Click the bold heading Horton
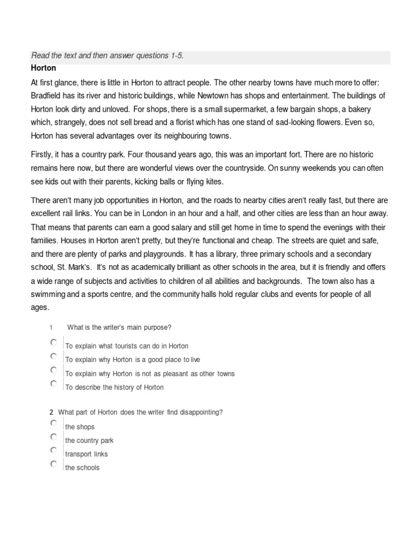44,69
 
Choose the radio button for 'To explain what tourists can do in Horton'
53,342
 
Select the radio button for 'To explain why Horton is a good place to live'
53,356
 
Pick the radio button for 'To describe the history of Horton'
53,383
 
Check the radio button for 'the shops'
53,423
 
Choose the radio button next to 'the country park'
53,437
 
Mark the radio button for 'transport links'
53,450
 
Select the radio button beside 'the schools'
53,464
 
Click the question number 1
50,328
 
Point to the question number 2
51,412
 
